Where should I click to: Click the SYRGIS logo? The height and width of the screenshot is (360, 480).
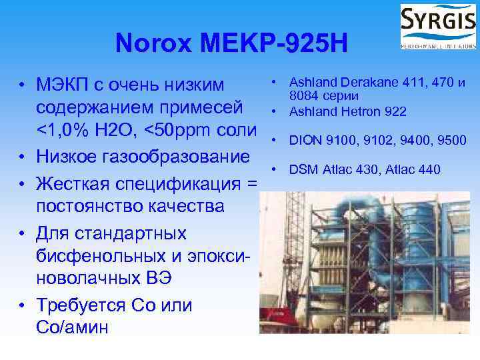(x=437, y=26)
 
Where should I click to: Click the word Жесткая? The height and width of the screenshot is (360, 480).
(x=73, y=182)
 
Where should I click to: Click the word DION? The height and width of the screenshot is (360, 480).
(x=303, y=141)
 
